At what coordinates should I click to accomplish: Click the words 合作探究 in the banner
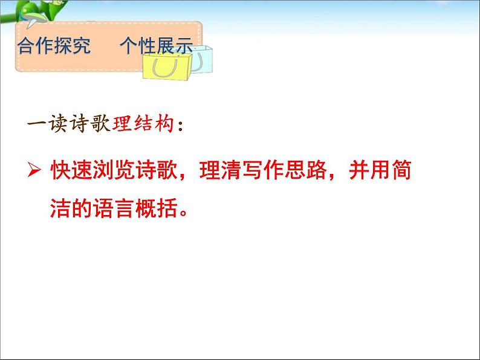[x=54, y=47]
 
